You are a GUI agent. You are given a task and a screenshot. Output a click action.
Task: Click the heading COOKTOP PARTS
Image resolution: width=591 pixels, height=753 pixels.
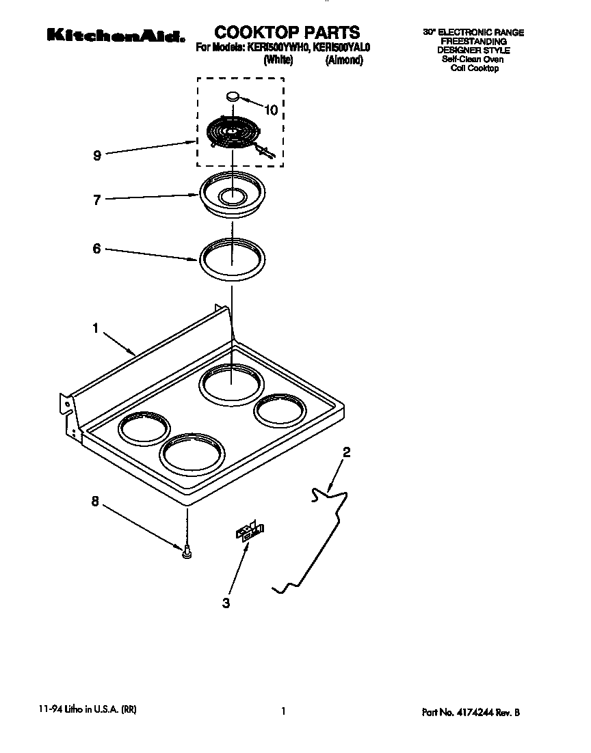(287, 32)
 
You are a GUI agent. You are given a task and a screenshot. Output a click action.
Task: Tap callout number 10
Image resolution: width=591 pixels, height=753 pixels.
(272, 110)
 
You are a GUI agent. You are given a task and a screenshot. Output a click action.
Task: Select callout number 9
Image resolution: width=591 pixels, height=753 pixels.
(97, 156)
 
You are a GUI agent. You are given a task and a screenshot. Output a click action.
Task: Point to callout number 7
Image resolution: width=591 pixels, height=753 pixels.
(97, 200)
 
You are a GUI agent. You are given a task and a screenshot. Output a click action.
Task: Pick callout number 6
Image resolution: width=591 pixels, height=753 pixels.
(97, 249)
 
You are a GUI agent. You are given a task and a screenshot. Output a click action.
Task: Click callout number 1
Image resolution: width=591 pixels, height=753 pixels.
(96, 329)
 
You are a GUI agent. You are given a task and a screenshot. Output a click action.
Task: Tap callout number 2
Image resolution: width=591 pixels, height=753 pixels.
(347, 452)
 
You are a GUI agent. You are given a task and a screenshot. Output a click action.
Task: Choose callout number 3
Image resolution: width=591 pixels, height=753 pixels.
(226, 603)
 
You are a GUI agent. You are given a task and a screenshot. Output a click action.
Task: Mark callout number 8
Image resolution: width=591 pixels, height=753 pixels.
(95, 502)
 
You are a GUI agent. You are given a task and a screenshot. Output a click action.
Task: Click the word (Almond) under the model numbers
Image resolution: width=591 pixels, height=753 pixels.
(344, 60)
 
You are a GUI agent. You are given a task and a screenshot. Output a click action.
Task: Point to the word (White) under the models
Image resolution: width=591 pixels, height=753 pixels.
(278, 60)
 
